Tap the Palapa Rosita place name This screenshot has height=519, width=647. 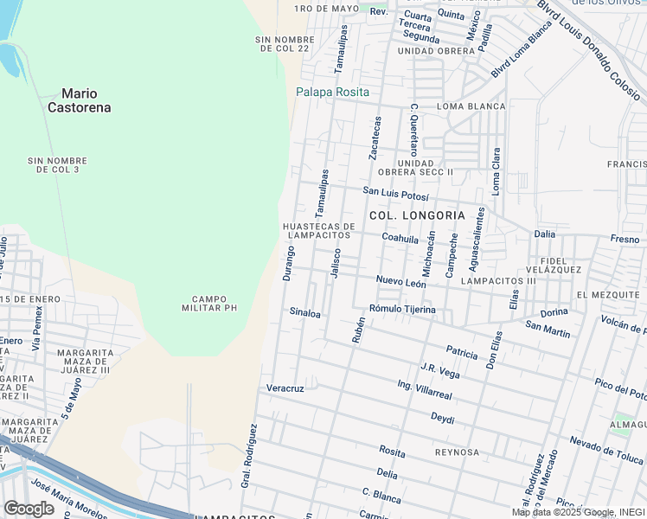(332, 92)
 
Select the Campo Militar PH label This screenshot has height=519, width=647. (208, 303)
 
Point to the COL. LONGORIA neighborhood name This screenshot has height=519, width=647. (417, 215)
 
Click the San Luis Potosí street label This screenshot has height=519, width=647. (395, 192)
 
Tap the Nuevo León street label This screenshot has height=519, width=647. (400, 282)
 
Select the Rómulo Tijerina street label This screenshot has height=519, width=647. (401, 309)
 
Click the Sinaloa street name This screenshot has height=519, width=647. (304, 311)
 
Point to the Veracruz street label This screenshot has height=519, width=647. (285, 388)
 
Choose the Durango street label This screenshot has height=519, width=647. (288, 263)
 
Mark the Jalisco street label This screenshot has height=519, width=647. (336, 263)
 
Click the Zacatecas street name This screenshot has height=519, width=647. (375, 138)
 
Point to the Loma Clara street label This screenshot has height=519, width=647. (496, 171)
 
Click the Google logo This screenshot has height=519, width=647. (29, 509)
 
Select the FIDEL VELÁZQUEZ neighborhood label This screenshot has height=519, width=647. (560, 265)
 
